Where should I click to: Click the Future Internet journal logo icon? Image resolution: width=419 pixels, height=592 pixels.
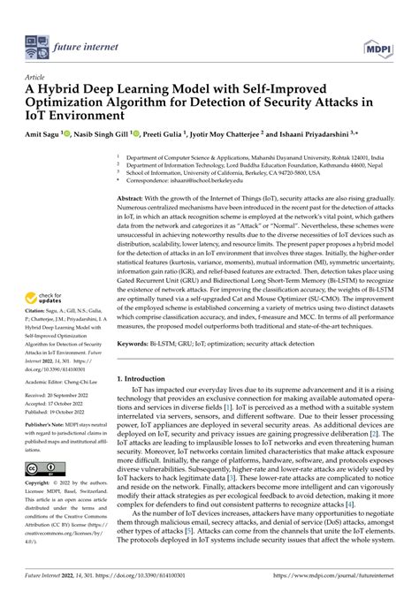(x=37, y=41)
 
